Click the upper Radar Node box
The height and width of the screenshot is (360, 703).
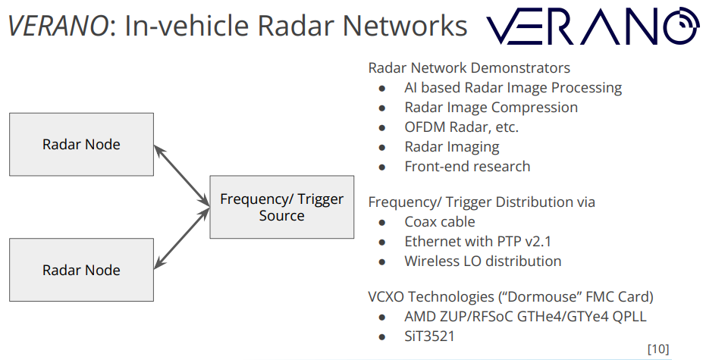click(x=81, y=145)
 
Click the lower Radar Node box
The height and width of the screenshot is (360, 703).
click(x=81, y=270)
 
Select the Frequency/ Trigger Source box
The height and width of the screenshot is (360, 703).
click(x=281, y=207)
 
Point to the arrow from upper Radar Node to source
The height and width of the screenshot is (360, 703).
click(x=182, y=175)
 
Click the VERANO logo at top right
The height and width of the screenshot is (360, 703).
click(x=592, y=27)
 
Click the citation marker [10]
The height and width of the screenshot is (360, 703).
click(x=657, y=349)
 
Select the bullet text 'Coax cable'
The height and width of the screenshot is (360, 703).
click(x=440, y=222)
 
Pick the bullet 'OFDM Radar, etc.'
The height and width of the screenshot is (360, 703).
click(x=461, y=127)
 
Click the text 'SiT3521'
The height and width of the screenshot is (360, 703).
click(x=429, y=336)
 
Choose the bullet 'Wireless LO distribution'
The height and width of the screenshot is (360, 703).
click(x=482, y=261)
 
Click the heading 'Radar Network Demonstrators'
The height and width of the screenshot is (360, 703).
click(x=469, y=68)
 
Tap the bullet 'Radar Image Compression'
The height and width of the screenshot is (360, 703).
click(x=491, y=108)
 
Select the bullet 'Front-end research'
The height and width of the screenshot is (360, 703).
click(x=467, y=167)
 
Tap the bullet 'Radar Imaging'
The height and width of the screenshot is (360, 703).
click(x=452, y=147)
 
